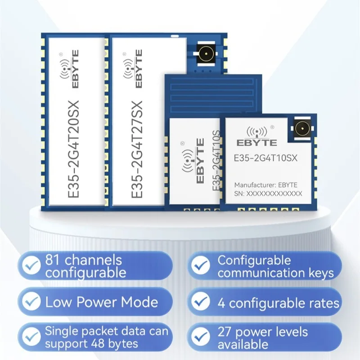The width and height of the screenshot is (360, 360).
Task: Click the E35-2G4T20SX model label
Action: pos(73,149)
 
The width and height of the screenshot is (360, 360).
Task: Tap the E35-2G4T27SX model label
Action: pos(137,149)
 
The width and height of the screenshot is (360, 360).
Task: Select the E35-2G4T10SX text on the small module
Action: pos(265,158)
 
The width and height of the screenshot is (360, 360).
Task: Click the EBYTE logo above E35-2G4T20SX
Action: pos(70,69)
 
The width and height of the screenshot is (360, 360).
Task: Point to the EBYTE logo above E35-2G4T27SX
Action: pos(133,69)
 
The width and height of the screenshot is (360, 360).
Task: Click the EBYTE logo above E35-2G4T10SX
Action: pos(256,136)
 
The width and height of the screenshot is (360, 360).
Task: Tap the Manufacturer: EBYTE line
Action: pos(265,185)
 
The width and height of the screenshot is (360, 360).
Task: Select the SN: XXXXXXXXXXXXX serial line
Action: pos(268,194)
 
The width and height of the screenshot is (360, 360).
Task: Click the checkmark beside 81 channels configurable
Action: pos(31,265)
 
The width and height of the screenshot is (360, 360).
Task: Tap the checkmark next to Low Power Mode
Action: pos(31,301)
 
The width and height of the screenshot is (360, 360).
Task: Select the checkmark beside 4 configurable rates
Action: pos(201,301)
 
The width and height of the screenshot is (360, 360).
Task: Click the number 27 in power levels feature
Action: pos(225,332)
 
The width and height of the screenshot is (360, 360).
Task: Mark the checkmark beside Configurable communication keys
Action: pos(201,265)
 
